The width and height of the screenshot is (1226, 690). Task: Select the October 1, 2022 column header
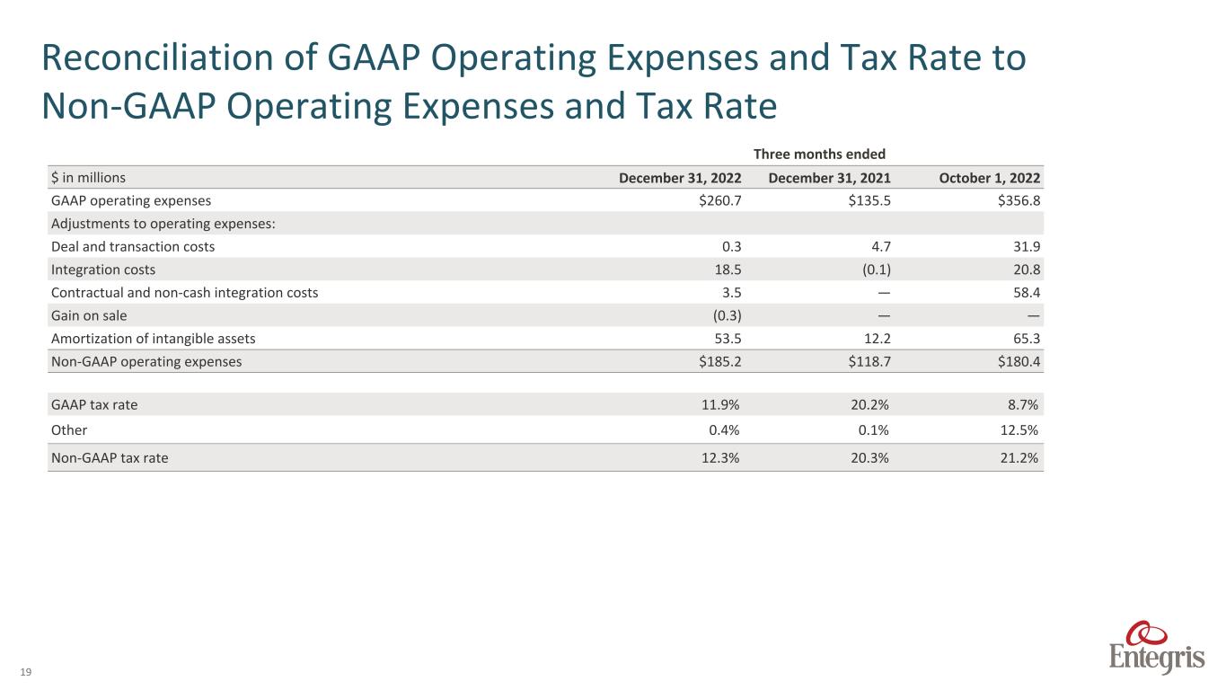tap(990, 178)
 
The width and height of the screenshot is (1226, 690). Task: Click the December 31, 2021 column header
tap(830, 178)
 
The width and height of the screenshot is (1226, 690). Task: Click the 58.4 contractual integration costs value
tap(1027, 292)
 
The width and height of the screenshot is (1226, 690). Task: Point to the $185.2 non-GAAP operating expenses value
tap(719, 362)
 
